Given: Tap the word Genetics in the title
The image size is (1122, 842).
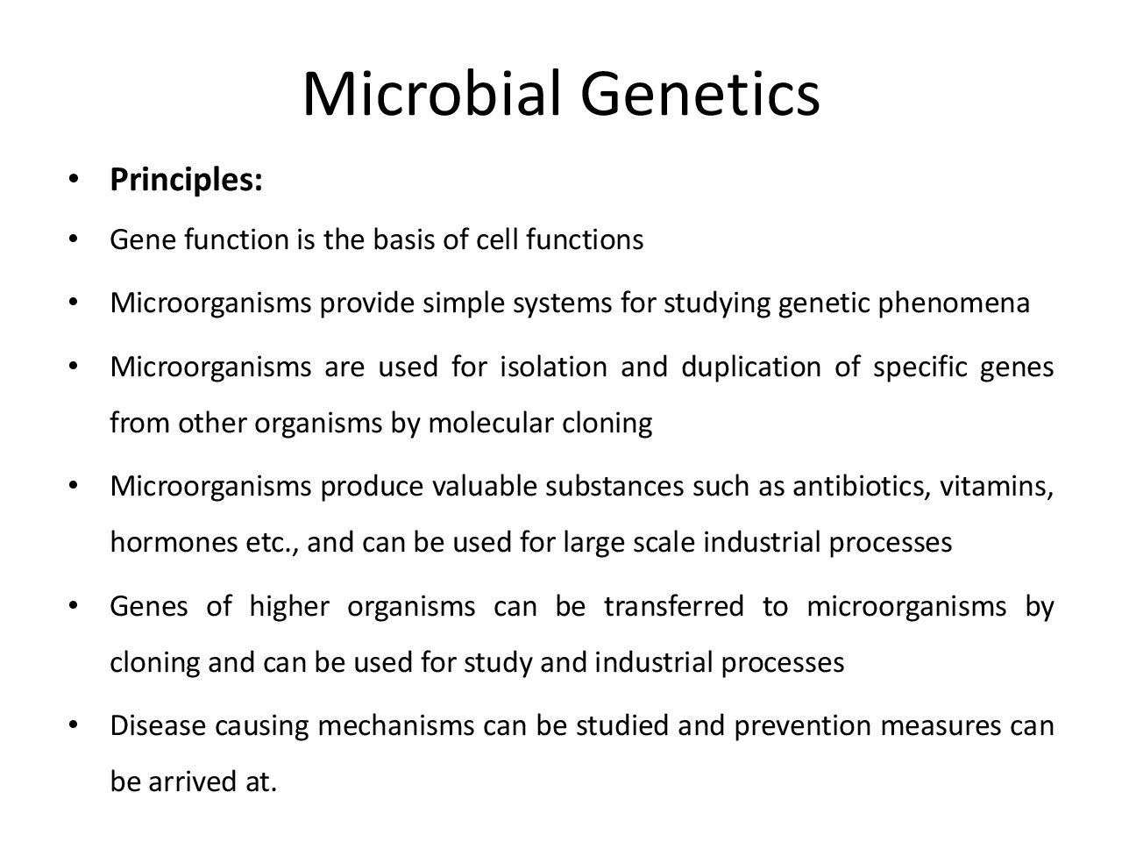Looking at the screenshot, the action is [x=700, y=94].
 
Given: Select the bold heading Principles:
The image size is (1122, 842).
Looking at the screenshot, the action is [x=186, y=181].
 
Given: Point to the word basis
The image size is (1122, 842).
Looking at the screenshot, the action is [x=403, y=239].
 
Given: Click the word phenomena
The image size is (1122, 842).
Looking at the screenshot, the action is [x=954, y=303].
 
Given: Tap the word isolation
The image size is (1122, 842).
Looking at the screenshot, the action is [x=554, y=367].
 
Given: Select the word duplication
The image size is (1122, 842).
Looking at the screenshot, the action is [x=751, y=367].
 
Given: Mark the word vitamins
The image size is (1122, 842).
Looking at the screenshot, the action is [x=997, y=486].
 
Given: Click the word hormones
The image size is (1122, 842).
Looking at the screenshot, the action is [x=174, y=542].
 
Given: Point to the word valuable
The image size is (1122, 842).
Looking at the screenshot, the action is [x=485, y=486].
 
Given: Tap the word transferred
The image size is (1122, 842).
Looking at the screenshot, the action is [x=674, y=606].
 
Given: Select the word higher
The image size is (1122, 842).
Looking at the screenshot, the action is [x=289, y=607].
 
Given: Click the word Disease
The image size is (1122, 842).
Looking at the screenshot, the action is [x=158, y=726].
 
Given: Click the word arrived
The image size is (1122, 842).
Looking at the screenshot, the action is [x=193, y=782].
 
